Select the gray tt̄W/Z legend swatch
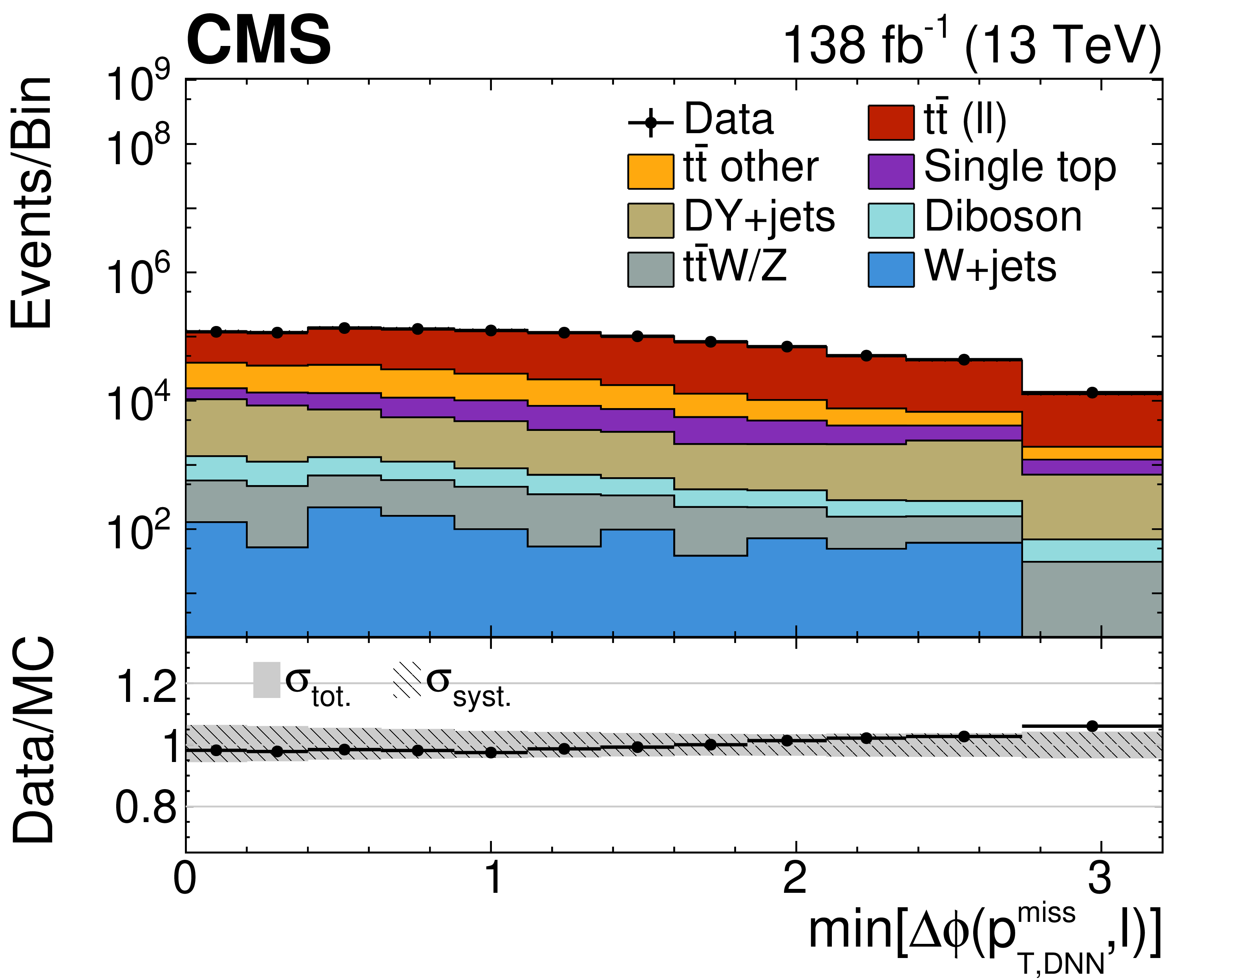(x=650, y=270)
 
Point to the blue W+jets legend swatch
(x=891, y=270)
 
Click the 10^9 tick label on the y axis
(x=138, y=83)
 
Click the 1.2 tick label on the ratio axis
(x=146, y=686)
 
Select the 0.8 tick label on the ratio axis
(x=146, y=808)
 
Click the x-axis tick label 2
(x=795, y=878)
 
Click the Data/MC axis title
(x=33, y=740)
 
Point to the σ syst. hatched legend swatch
(x=407, y=680)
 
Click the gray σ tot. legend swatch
(x=267, y=680)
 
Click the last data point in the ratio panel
(x=1092, y=726)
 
